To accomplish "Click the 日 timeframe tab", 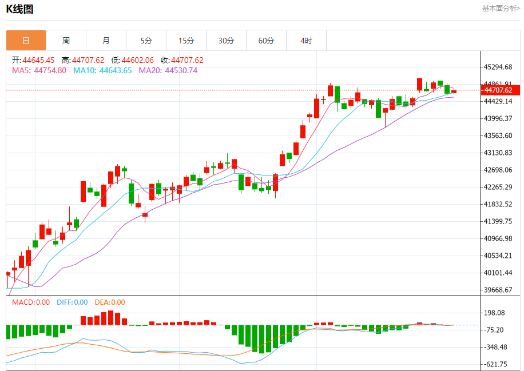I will coord(26,41).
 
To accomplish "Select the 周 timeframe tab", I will coord(66,41).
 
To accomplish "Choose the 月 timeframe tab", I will coord(106,41).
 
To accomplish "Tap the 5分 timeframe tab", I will coord(146,41).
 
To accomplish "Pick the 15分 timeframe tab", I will coord(186,41).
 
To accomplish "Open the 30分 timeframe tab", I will coord(226,41).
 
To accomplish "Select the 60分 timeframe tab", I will coord(266,41).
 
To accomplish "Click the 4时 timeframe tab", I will coord(306,41).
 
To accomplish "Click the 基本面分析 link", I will coord(501,8).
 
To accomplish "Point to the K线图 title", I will coord(19,9).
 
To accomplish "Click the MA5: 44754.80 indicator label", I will coord(39,70).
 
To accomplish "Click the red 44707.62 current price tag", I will coord(500,90).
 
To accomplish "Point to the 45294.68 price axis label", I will coord(497,67).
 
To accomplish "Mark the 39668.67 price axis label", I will coord(497,290).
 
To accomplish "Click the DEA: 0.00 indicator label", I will coord(110,302).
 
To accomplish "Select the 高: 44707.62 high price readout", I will coord(83,60).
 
